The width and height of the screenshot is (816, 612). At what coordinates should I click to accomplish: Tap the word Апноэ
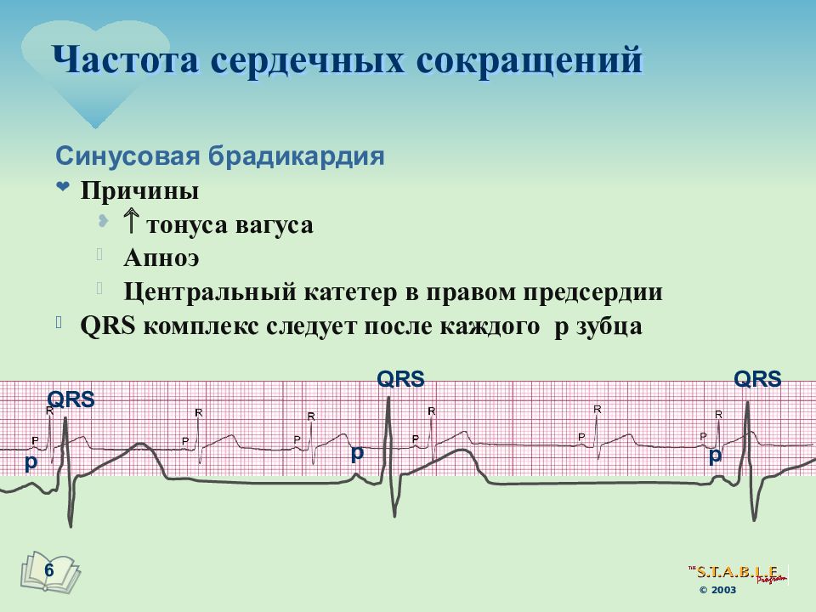(161, 258)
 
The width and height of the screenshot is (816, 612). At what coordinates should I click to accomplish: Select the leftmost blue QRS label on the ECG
(71, 399)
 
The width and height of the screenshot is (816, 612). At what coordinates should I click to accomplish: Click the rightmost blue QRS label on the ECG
(757, 379)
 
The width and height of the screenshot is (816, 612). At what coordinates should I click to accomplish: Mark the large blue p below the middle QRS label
(358, 453)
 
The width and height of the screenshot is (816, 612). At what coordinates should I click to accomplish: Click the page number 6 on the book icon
(48, 569)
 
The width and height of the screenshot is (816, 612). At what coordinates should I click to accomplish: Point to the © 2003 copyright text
(718, 590)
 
